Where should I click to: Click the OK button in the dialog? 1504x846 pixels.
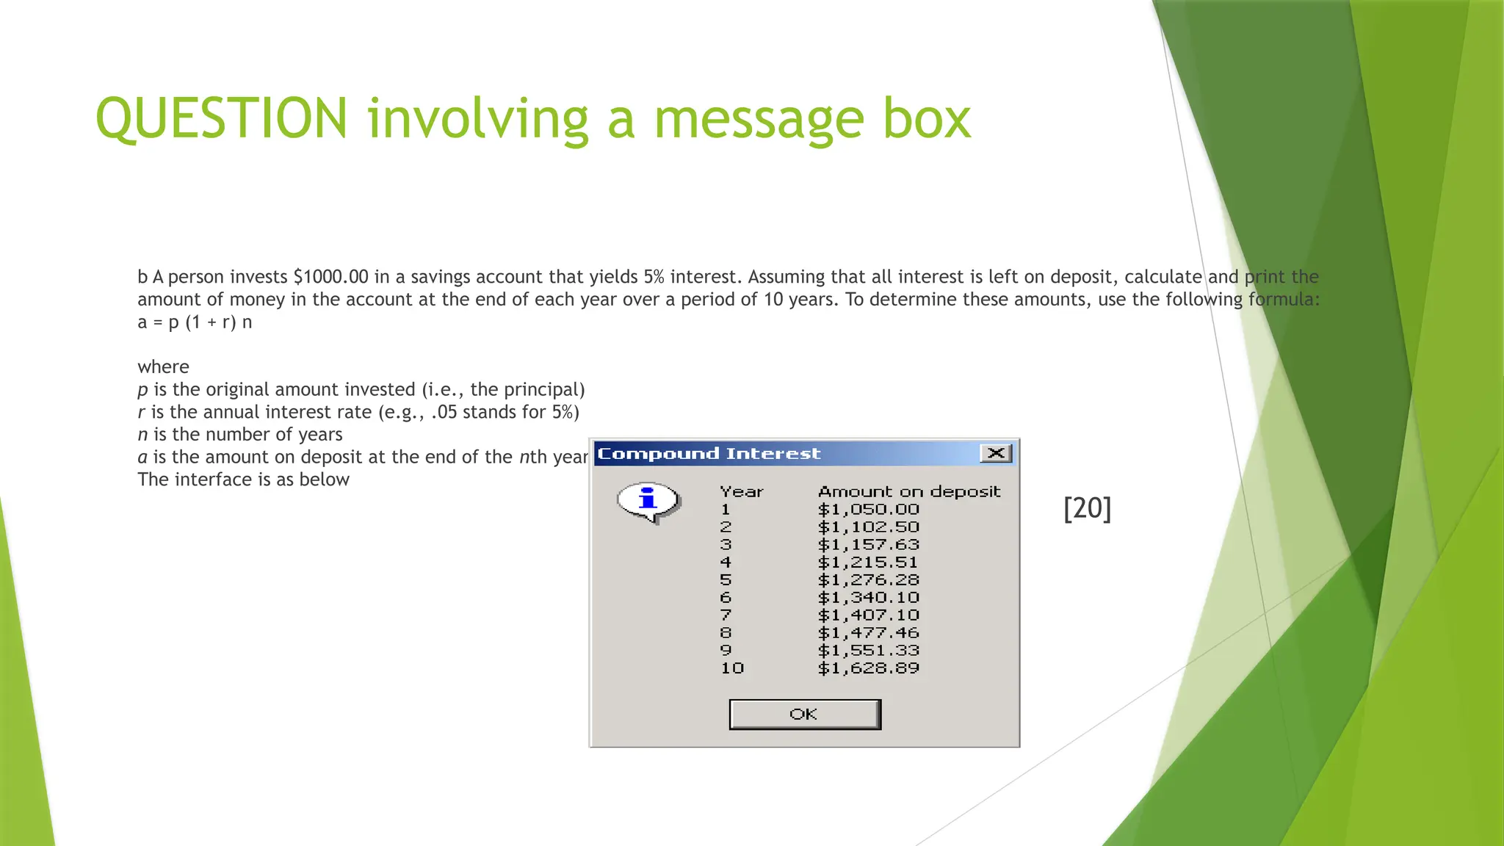[804, 715]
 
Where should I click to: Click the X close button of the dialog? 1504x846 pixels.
[996, 453]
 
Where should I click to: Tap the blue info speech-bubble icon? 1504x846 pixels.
[648, 502]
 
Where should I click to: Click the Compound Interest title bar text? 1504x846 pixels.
[709, 454]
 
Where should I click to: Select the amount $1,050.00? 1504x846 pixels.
[868, 510]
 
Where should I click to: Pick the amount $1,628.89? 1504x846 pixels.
[868, 668]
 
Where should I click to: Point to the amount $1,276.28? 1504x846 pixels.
[868, 580]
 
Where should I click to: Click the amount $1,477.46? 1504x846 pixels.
[868, 633]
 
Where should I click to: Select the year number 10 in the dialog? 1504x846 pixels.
[731, 668]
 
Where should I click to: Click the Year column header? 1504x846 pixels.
[741, 492]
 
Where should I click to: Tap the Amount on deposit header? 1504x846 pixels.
[909, 492]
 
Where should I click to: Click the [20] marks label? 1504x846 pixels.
[1087, 508]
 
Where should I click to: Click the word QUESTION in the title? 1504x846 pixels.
[221, 119]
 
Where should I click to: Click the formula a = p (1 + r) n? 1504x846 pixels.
[195, 322]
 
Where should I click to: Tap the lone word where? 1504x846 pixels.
[163, 367]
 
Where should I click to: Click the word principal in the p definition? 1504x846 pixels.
[541, 390]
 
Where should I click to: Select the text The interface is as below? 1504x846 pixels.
[243, 480]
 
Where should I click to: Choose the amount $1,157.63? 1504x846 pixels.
[868, 545]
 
